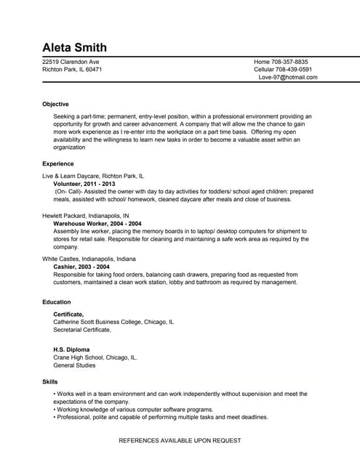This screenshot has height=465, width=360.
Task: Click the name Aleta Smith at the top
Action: click(74, 48)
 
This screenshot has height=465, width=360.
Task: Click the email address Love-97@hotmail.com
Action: click(288, 78)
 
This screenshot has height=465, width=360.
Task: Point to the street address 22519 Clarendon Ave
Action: click(71, 62)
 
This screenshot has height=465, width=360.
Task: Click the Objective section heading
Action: click(55, 104)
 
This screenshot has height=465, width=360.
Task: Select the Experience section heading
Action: click(58, 163)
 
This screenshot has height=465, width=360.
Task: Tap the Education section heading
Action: click(57, 302)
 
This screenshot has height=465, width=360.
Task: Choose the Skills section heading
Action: click(50, 381)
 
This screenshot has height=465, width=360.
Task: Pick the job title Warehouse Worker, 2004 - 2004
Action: click(97, 224)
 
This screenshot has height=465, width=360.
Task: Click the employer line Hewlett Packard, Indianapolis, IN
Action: click(86, 216)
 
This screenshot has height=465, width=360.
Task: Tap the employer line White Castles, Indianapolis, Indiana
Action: click(89, 259)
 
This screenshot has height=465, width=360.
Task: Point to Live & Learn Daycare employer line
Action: click(93, 176)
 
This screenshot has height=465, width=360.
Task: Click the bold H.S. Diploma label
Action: click(71, 349)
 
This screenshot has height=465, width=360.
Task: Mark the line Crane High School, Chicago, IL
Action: click(95, 357)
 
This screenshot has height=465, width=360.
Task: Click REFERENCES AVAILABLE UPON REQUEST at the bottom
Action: click(180, 440)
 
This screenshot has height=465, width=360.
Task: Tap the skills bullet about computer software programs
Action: click(135, 409)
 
